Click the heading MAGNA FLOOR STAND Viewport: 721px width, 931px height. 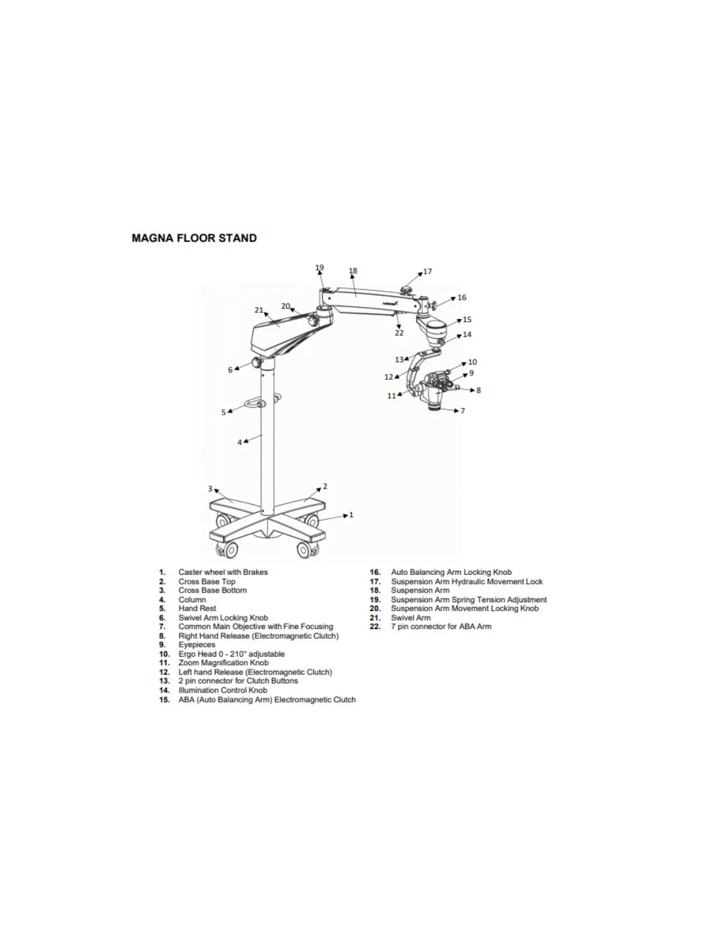coord(194,238)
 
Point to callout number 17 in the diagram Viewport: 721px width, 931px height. coord(427,271)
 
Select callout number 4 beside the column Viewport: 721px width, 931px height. coord(240,442)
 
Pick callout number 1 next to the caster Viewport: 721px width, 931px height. coord(351,515)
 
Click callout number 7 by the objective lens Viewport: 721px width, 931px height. coord(462,411)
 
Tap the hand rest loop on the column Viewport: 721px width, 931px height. coord(254,403)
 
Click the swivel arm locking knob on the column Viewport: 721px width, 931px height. coord(256,363)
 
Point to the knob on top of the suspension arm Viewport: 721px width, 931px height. coord(406,291)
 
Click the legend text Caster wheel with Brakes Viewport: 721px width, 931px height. coord(223,572)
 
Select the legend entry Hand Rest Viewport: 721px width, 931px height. coord(197,608)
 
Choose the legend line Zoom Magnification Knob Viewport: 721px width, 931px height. coord(224,663)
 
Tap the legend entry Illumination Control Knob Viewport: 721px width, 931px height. coord(223,690)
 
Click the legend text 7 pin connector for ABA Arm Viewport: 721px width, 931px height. coord(441,627)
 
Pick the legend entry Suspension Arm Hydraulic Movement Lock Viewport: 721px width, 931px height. coord(467,581)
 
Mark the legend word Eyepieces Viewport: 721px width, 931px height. coord(197,645)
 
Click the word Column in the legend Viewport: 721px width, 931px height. coord(192,599)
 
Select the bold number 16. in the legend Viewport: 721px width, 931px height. coord(376,572)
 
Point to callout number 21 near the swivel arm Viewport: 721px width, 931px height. coord(259,310)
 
